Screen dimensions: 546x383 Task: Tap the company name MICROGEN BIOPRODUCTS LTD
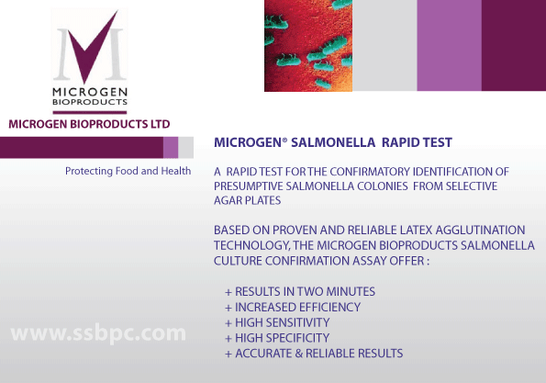coord(89,124)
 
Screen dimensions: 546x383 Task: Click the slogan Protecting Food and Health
coord(128,171)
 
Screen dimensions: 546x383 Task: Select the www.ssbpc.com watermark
coord(98,333)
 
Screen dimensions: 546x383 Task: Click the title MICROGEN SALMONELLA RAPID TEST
coord(333,142)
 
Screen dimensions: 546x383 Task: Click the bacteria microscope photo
coord(308,46)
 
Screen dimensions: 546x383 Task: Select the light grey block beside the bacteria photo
coord(384,46)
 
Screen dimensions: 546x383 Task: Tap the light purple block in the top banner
coord(450,46)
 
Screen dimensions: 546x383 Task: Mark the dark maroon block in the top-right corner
coord(514,46)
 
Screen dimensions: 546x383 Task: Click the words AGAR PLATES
coord(247,200)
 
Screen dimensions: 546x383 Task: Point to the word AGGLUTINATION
coord(480,230)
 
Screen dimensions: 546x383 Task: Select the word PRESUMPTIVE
coord(249,186)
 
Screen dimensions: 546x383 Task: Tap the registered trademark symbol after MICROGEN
coord(284,140)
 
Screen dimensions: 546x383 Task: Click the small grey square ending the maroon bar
coord(185,148)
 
